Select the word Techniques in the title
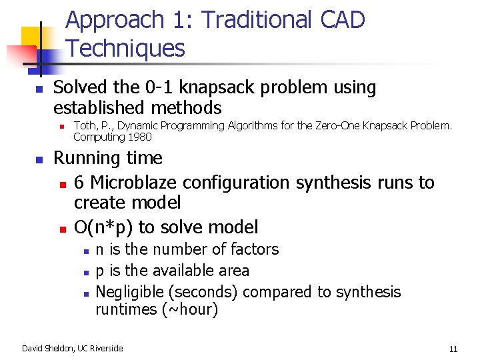coord(126,48)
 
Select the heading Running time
coord(108,158)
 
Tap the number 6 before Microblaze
coord(79,183)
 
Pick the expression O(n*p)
coord(103,227)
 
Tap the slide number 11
coord(453,348)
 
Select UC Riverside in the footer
coord(101,348)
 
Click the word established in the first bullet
coord(101,107)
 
